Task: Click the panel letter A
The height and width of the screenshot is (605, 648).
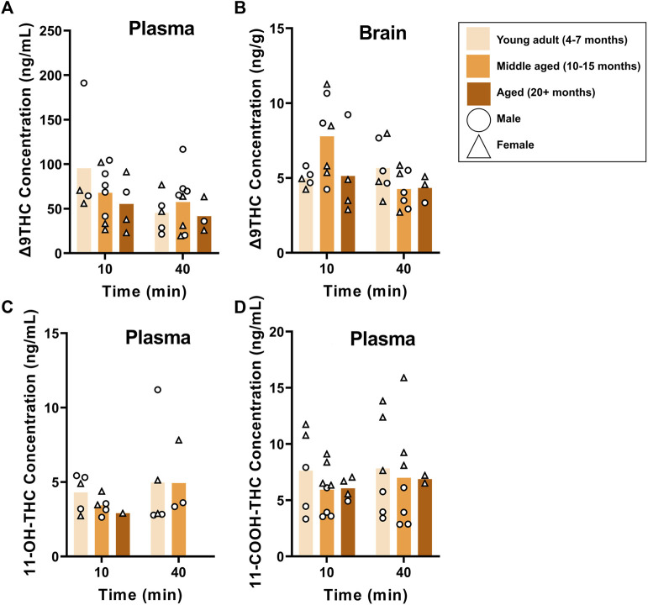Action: tap(7, 8)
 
